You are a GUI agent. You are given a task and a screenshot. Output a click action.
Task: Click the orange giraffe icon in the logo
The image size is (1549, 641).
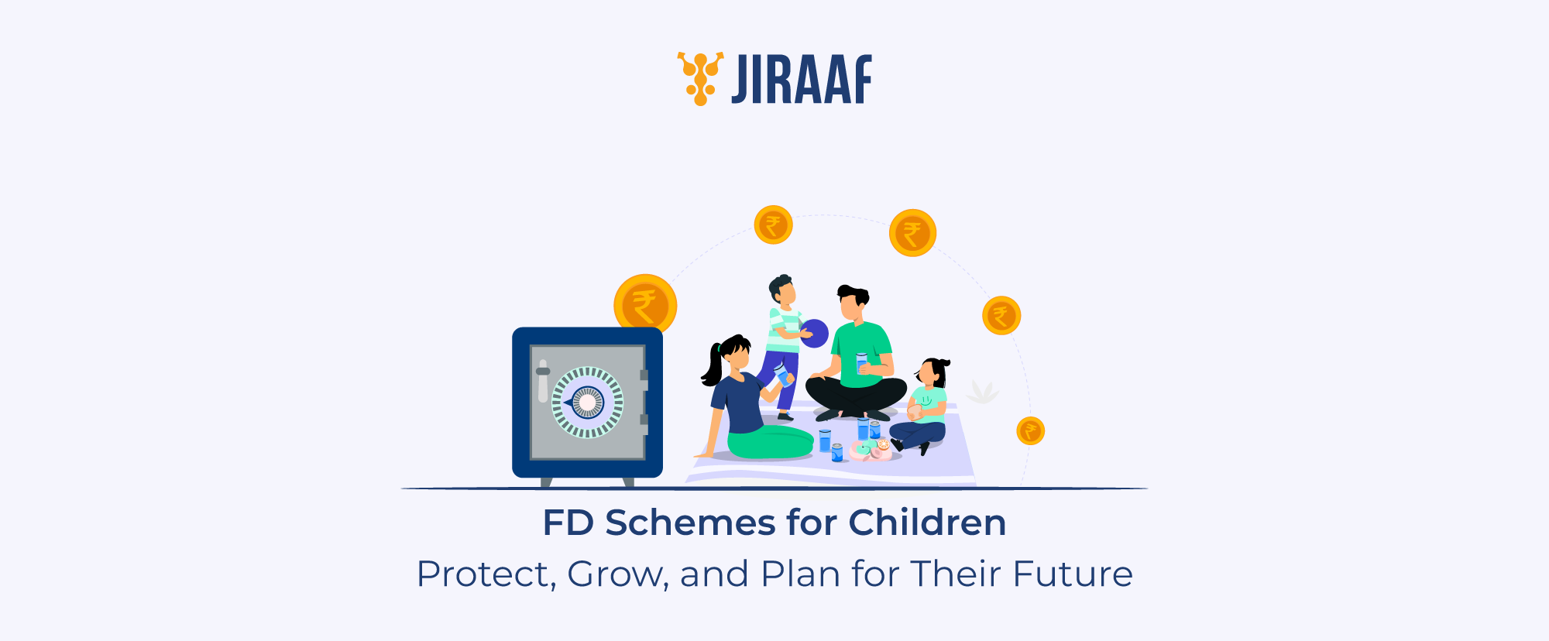(700, 78)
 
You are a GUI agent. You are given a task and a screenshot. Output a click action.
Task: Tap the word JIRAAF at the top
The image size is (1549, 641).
(802, 80)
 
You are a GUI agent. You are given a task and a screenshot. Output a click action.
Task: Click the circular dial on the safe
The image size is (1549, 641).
(587, 402)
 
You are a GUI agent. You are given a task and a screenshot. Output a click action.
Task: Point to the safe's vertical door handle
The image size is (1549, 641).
(543, 381)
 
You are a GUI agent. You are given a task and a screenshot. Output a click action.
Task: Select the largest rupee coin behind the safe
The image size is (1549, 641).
(644, 303)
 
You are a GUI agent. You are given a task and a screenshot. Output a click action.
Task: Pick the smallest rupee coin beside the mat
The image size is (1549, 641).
(1030, 430)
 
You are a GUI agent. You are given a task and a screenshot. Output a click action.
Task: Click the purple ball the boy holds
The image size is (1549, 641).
(814, 333)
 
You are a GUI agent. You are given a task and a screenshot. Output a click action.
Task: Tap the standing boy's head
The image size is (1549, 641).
(783, 290)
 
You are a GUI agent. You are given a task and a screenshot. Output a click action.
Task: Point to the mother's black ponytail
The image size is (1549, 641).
(712, 364)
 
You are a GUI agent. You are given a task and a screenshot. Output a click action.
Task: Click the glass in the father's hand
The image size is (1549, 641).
(861, 363)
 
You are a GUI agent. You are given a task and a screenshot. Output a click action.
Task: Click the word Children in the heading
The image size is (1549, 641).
(927, 523)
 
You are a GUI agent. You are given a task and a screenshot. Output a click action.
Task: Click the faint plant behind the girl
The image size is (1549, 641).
(982, 392)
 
